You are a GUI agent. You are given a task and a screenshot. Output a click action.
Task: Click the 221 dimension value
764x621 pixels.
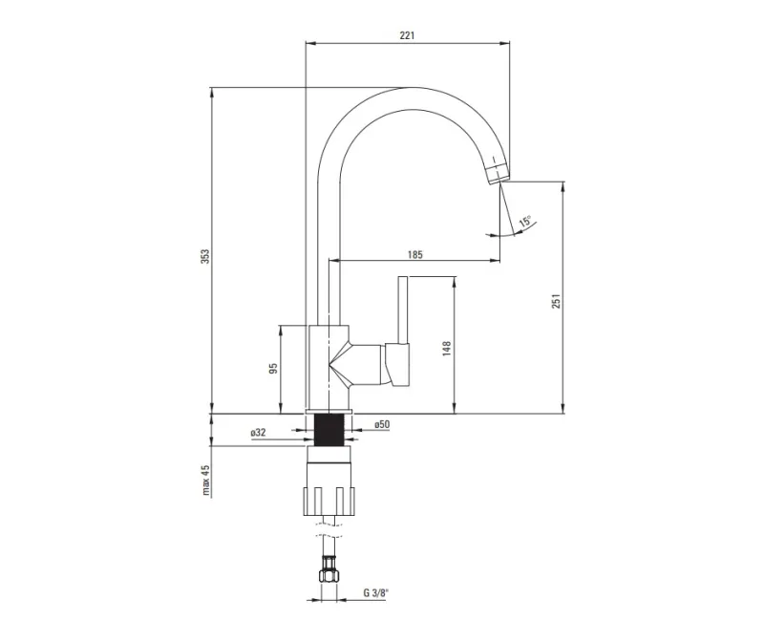coord(407,35)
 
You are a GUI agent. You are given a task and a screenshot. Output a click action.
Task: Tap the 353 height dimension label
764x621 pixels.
coord(205,256)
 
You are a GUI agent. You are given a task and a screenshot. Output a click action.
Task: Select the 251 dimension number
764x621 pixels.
coord(557,301)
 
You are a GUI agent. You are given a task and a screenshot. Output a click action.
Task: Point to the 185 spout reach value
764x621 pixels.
coord(415,254)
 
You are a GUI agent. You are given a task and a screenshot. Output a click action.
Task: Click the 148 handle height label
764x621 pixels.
coord(447,349)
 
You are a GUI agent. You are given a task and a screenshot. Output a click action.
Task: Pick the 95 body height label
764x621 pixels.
coord(273,368)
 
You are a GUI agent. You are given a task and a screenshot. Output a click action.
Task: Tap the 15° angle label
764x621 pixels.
coord(525,221)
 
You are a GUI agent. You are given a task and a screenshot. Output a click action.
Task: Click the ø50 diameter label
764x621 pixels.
coord(382,424)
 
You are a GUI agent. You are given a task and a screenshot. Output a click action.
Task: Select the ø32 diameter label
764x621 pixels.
coord(258,433)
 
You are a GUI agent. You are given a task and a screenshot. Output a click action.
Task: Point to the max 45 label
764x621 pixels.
coord(205,481)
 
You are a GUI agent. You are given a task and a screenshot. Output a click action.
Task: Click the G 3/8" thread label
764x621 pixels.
coord(376,592)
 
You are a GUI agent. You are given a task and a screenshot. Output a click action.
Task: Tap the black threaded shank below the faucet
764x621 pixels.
coord(329,429)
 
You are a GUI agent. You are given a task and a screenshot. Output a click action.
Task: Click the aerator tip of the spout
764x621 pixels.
coord(498,172)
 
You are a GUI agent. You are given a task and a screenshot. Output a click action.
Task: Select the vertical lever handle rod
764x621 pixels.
coord(402,310)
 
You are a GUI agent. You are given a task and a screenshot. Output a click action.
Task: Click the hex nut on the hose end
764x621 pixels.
coord(329,575)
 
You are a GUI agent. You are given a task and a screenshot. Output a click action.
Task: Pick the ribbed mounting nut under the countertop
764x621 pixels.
coord(329,501)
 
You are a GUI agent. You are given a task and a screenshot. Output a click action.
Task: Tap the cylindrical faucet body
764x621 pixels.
coord(329,367)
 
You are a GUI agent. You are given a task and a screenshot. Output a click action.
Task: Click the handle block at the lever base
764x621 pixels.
coord(396,365)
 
